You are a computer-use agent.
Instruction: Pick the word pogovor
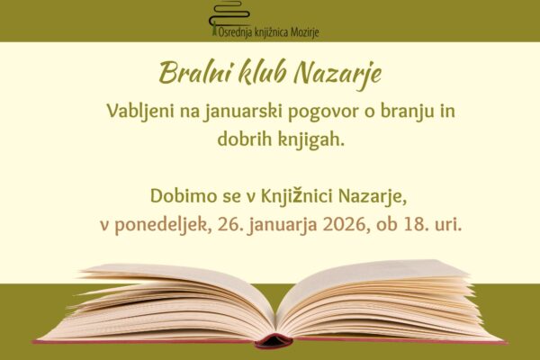pos(325,112)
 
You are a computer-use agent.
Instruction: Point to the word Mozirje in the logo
pos(300,33)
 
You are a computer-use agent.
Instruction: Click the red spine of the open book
pos(273,340)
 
